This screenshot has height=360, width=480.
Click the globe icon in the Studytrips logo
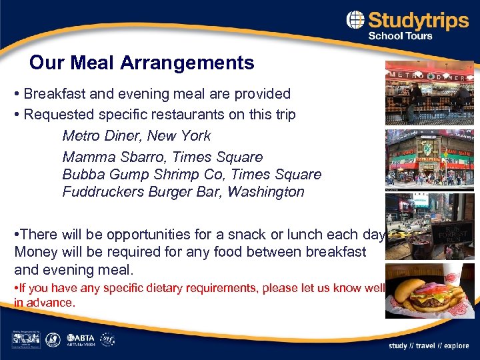tap(355, 20)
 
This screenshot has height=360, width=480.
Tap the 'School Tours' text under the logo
tap(401, 36)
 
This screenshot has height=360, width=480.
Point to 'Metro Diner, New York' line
tap(136, 136)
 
